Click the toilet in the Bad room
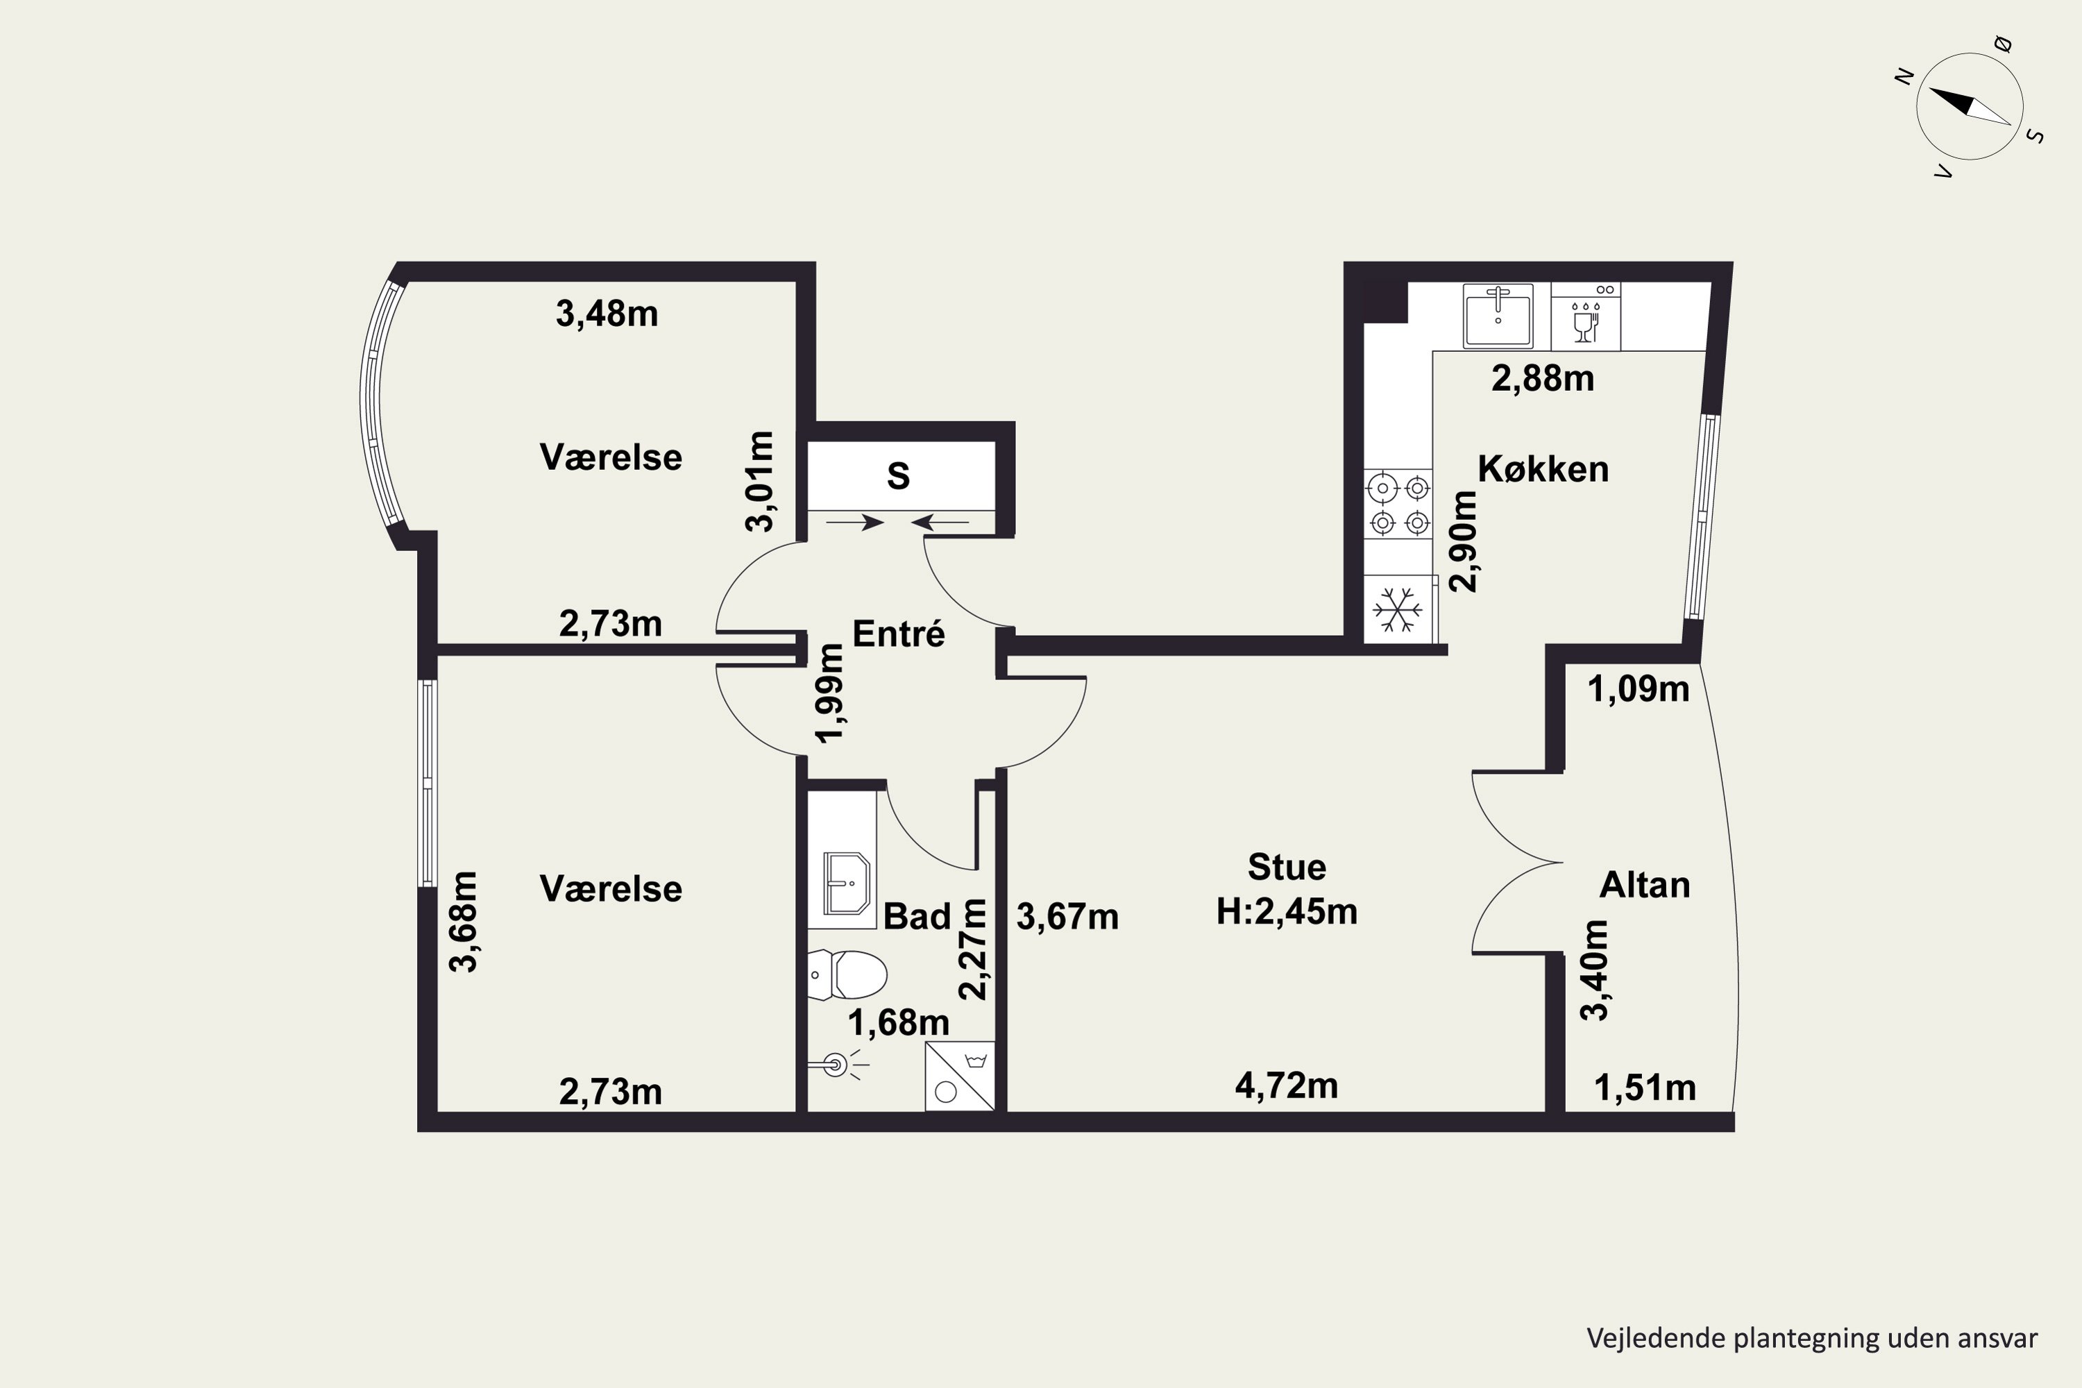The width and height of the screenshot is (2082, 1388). pos(847,974)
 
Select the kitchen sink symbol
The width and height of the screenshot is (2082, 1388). pos(1498,315)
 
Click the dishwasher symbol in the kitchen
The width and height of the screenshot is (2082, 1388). pos(1585,316)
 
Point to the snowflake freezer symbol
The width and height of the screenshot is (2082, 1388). pos(1398,609)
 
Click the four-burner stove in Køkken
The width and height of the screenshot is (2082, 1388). pos(1398,505)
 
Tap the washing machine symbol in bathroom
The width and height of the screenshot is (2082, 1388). pos(960,1076)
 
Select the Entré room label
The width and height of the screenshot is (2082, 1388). pos(899,634)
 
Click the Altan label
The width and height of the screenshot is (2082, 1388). pos(1645,886)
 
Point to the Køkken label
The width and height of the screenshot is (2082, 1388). pos(1543,469)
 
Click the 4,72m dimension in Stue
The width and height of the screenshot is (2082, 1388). pos(1286,1085)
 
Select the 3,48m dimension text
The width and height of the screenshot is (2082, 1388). pos(607,314)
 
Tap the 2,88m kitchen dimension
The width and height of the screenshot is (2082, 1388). pos(1543,379)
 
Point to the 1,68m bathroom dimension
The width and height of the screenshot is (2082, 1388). pos(899,1023)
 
